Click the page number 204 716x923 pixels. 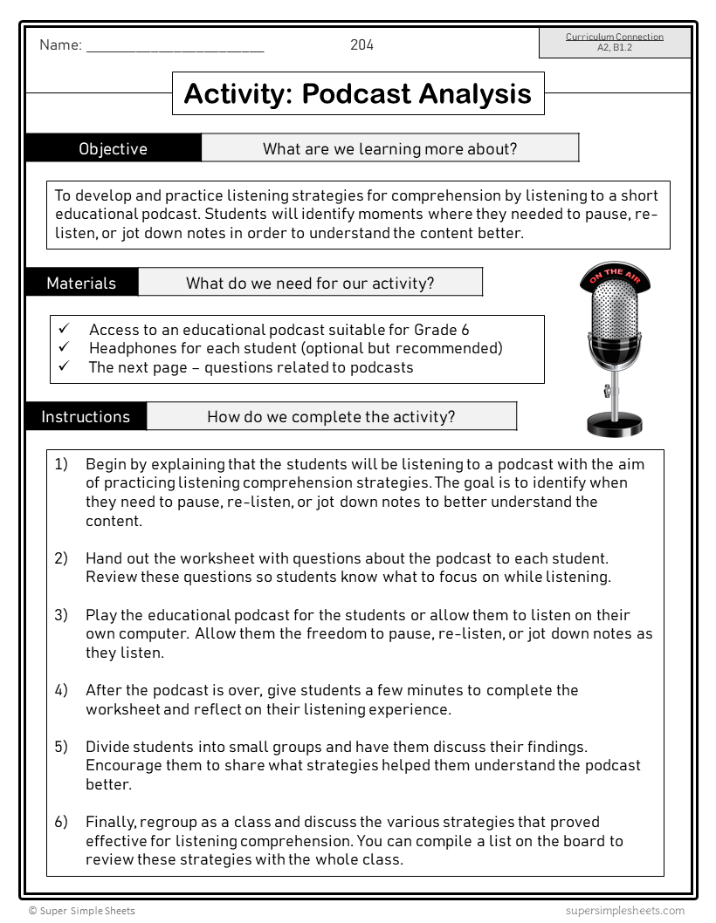coord(361,45)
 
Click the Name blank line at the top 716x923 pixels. coord(175,49)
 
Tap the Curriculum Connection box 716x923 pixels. coord(615,42)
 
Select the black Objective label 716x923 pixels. coord(114,148)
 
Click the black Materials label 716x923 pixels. coord(81,283)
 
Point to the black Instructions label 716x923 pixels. coord(86,417)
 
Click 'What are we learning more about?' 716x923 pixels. coord(389,148)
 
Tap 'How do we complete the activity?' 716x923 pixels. coord(331,417)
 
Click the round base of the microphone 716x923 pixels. coord(615,425)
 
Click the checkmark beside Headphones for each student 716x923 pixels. coord(64,348)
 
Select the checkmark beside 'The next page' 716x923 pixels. coord(64,367)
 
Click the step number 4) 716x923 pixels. coord(61,690)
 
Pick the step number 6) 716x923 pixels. coord(61,822)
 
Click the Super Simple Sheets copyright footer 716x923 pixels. coord(82,911)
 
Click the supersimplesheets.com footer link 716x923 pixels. coord(623,911)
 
